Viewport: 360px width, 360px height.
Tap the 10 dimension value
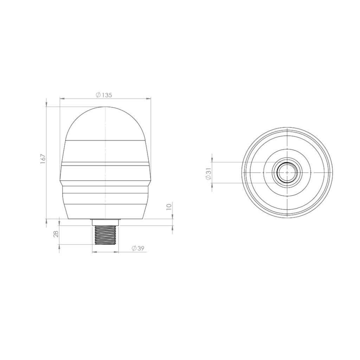click(169, 206)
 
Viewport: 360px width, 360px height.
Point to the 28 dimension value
click(56, 234)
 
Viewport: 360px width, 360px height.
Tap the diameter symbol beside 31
click(208, 177)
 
